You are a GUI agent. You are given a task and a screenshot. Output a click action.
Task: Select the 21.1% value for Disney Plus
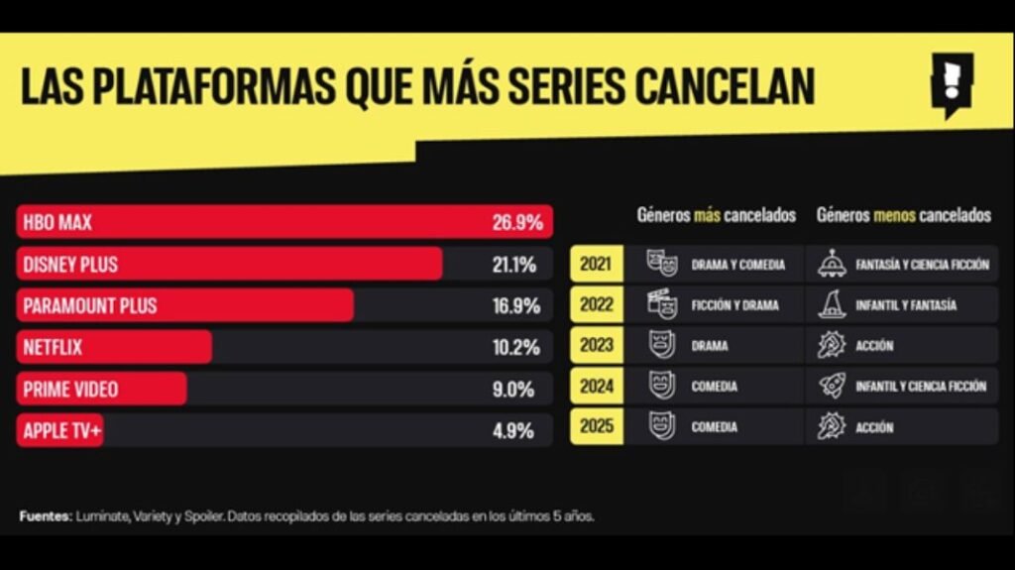click(x=515, y=265)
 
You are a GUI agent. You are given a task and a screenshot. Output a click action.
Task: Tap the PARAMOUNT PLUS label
click(x=90, y=306)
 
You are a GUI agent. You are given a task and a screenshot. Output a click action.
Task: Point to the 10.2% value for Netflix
click(x=515, y=348)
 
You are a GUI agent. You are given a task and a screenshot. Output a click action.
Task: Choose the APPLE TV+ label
click(x=60, y=431)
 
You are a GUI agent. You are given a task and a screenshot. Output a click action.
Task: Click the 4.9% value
click(x=513, y=431)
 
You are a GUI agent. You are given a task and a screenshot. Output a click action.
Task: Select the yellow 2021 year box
click(x=597, y=265)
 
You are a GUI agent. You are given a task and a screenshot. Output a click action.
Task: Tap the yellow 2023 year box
click(x=597, y=346)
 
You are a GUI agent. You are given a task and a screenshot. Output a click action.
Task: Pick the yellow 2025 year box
click(x=597, y=427)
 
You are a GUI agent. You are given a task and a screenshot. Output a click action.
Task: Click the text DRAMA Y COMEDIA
click(x=737, y=265)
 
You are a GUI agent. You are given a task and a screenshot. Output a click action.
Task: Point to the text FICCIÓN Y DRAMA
click(x=734, y=305)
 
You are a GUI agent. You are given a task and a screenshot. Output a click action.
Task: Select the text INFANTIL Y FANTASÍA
click(x=906, y=305)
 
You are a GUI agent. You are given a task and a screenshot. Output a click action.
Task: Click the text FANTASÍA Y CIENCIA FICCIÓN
click(x=922, y=265)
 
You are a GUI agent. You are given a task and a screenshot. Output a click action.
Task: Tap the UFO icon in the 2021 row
click(x=832, y=264)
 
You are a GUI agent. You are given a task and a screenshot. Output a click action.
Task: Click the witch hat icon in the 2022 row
click(x=832, y=304)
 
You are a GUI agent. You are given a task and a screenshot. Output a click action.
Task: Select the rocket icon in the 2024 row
click(x=832, y=386)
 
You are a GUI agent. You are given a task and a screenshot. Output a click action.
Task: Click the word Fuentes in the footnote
click(x=45, y=516)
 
